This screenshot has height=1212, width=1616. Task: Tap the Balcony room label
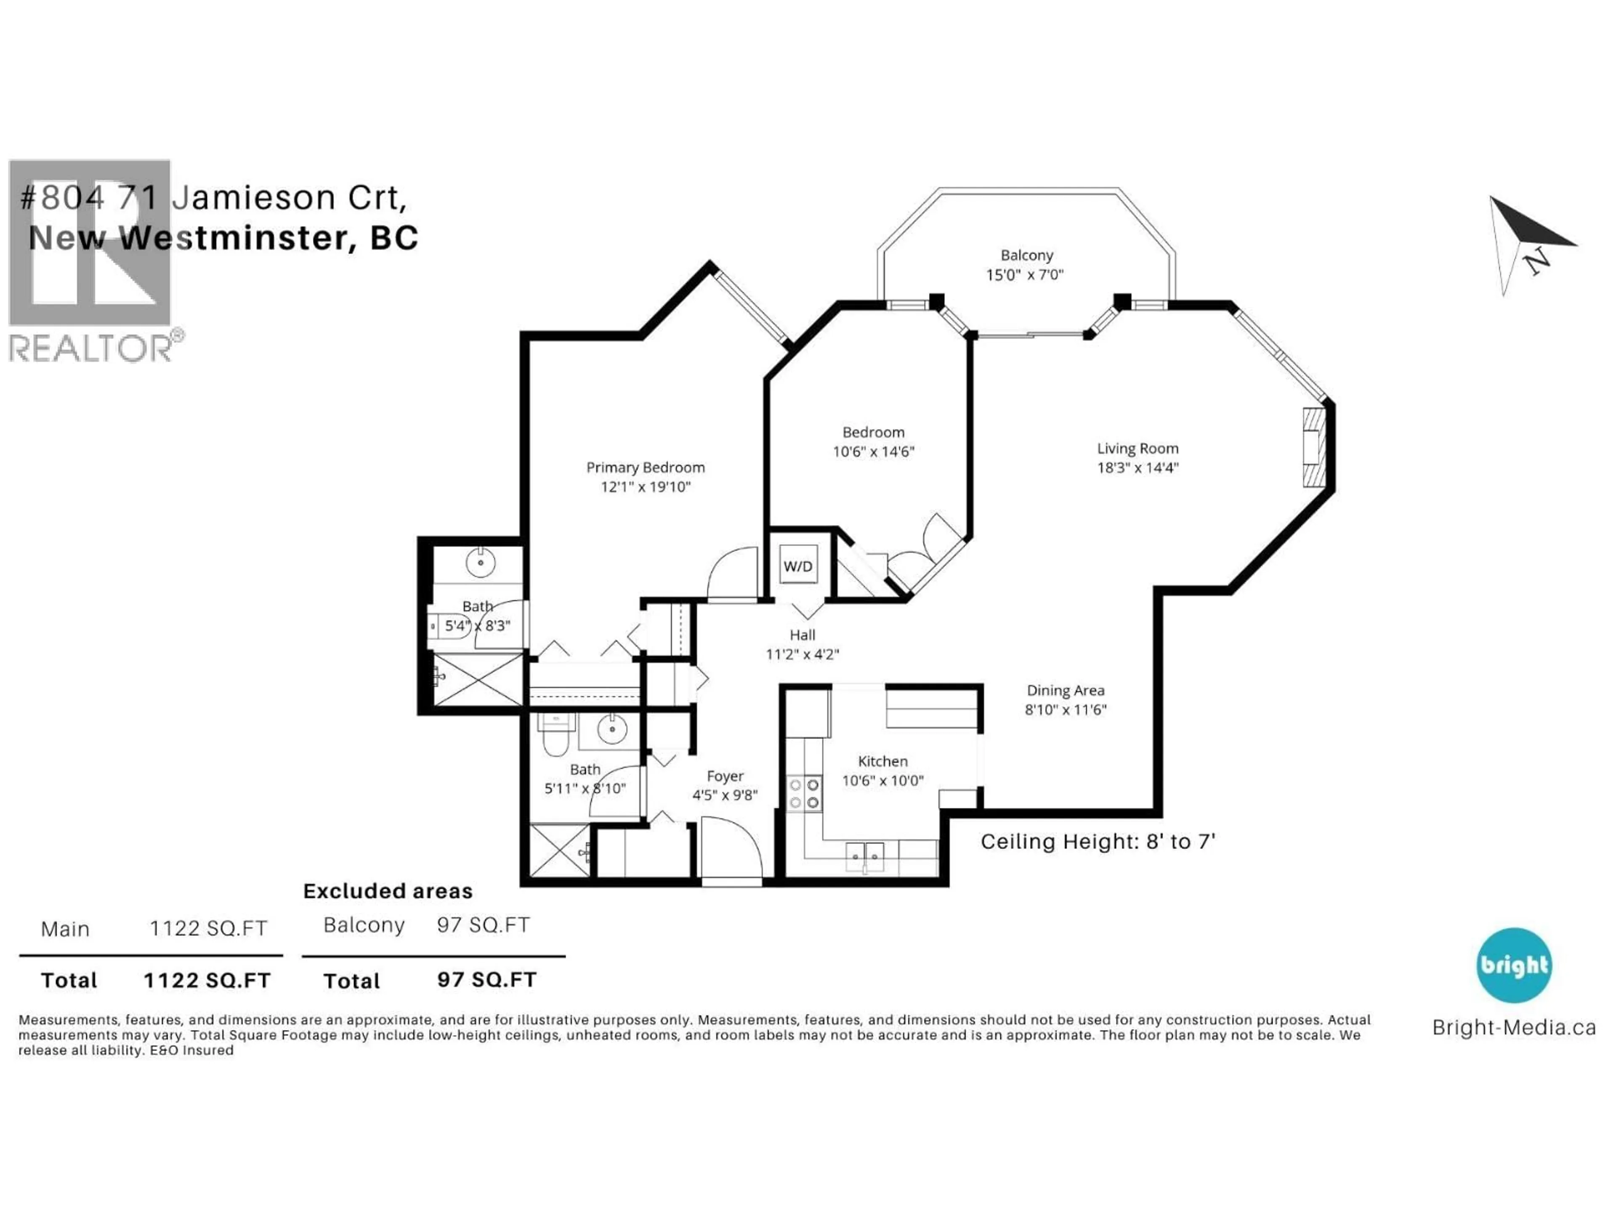[1026, 255]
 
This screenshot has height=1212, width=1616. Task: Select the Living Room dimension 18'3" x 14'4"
[1138, 468]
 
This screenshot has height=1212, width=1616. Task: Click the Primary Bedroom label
[645, 468]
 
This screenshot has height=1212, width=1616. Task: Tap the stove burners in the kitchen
[804, 793]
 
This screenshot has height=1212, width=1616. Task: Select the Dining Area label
[1065, 691]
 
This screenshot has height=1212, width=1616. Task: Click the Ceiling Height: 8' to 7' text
[1097, 842]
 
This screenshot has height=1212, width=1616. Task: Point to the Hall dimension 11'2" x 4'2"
[802, 654]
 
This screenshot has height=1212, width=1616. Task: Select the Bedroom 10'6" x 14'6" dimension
[873, 452]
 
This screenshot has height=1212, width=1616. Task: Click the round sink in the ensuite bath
[480, 563]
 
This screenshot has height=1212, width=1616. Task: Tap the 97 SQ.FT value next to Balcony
[483, 925]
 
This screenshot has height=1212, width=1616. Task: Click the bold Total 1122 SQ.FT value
[207, 981]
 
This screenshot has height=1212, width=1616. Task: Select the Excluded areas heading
[388, 891]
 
